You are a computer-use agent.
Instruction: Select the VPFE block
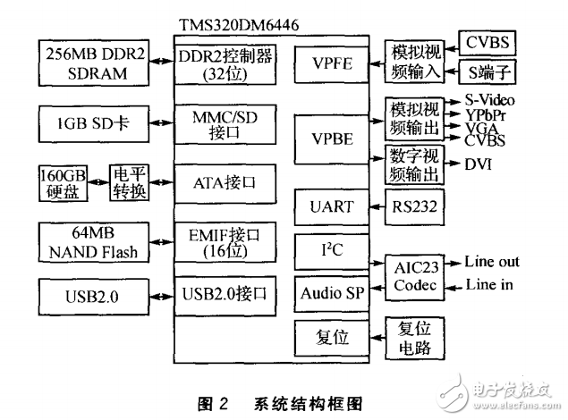[330, 63]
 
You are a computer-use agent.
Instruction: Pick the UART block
[330, 206]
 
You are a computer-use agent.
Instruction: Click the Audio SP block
[330, 293]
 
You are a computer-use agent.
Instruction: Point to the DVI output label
[479, 164]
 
